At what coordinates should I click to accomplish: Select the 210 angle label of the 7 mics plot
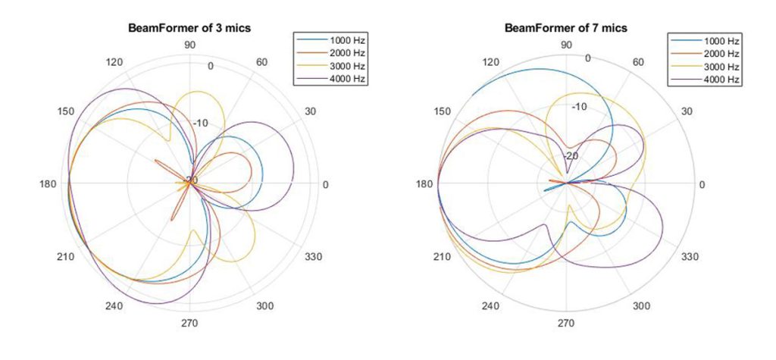click(442, 257)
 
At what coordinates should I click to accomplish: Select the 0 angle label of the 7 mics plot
click(702, 185)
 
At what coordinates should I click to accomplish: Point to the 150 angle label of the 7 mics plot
click(442, 112)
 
